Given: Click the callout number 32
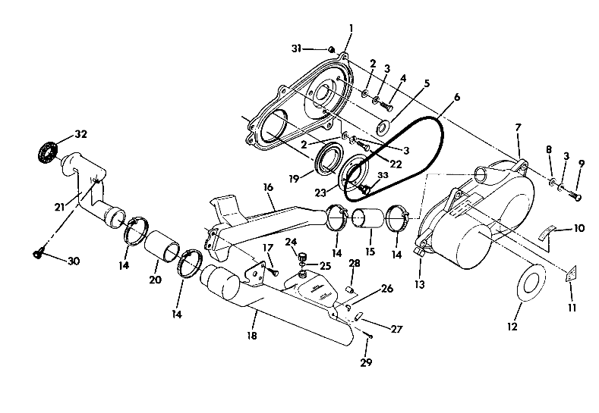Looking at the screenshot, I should pos(80,134).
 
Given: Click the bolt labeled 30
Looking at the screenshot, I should pos(38,255).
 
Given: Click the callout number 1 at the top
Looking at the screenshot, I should pos(351,28).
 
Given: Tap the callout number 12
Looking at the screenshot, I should pos(512,327).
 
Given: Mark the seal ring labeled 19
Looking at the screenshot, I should pos(329,160).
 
